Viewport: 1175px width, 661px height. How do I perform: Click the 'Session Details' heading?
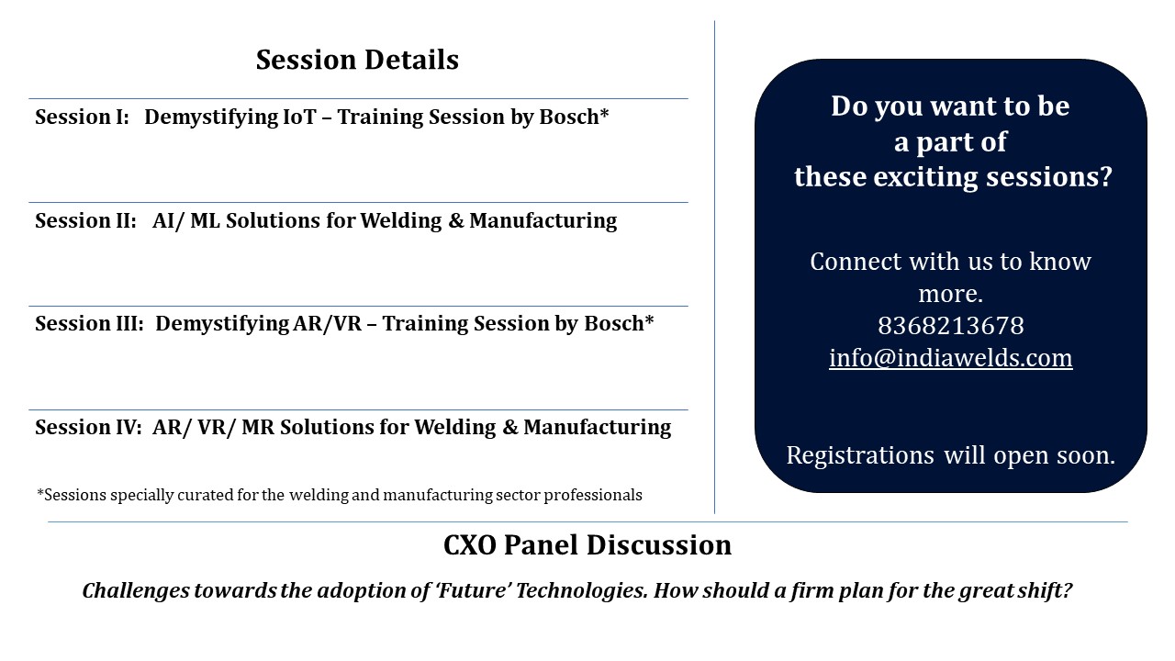pyautogui.click(x=357, y=60)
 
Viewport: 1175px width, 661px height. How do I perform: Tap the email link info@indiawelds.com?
pyautogui.click(x=950, y=358)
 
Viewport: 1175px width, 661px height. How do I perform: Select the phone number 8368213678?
pyautogui.click(x=950, y=326)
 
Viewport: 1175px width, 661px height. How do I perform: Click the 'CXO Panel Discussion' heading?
pyautogui.click(x=587, y=545)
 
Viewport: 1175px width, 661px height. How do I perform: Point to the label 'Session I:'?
pyautogui.click(x=83, y=117)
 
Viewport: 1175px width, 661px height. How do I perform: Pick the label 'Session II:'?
pyautogui.click(x=86, y=221)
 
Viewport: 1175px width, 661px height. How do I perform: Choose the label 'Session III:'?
pyautogui.click(x=90, y=324)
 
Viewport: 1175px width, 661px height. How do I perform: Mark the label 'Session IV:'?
pyautogui.click(x=89, y=428)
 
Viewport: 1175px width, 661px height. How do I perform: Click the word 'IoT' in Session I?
pyautogui.click(x=299, y=117)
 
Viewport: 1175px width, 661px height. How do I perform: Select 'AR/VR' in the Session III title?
pyautogui.click(x=328, y=324)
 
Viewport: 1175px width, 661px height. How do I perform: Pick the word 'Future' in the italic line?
pyautogui.click(x=475, y=590)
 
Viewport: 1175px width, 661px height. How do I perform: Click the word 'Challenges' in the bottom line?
pyautogui.click(x=136, y=591)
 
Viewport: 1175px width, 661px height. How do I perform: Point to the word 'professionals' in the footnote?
pyautogui.click(x=593, y=495)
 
